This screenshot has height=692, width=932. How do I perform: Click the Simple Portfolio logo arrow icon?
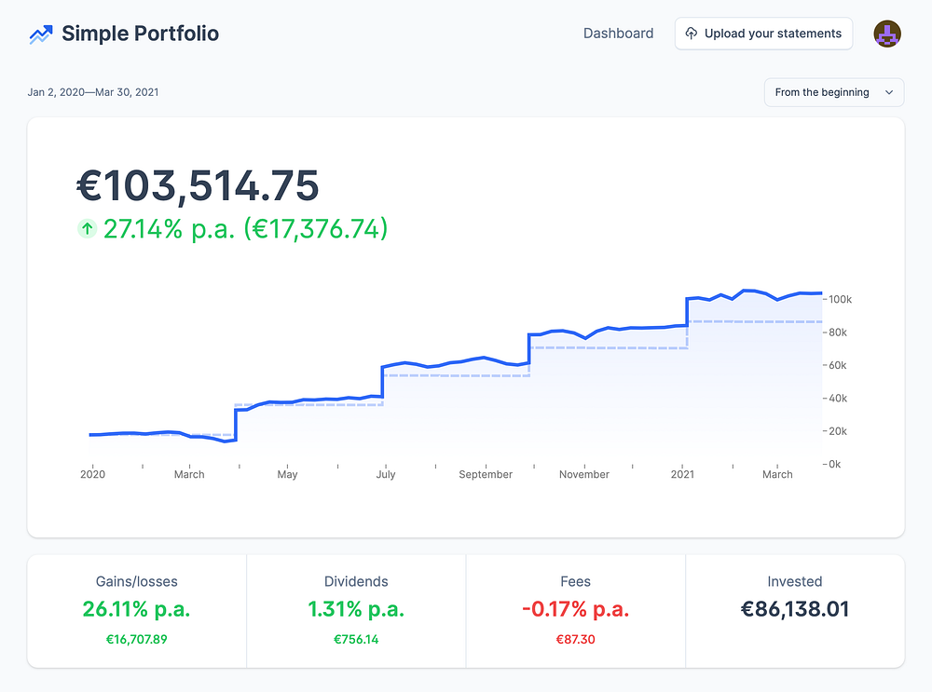40,34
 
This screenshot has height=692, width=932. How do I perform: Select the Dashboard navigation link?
618,34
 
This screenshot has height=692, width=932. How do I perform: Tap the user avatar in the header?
886,34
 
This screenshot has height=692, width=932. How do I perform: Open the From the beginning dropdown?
833,92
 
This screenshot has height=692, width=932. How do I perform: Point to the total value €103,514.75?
198,186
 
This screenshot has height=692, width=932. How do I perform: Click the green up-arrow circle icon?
87,228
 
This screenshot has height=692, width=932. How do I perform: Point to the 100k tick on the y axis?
840,300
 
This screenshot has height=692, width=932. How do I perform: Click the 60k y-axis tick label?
837,365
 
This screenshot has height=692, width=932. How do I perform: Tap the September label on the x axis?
486,475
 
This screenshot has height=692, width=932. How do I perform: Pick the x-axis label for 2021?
683,475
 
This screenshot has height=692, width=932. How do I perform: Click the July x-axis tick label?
386,475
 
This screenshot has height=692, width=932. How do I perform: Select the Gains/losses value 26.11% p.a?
136,610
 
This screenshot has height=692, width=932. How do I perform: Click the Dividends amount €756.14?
356,640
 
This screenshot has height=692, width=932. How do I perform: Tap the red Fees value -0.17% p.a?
575,610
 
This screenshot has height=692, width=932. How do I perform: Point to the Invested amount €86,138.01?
795,610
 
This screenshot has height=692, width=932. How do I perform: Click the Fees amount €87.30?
575,640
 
